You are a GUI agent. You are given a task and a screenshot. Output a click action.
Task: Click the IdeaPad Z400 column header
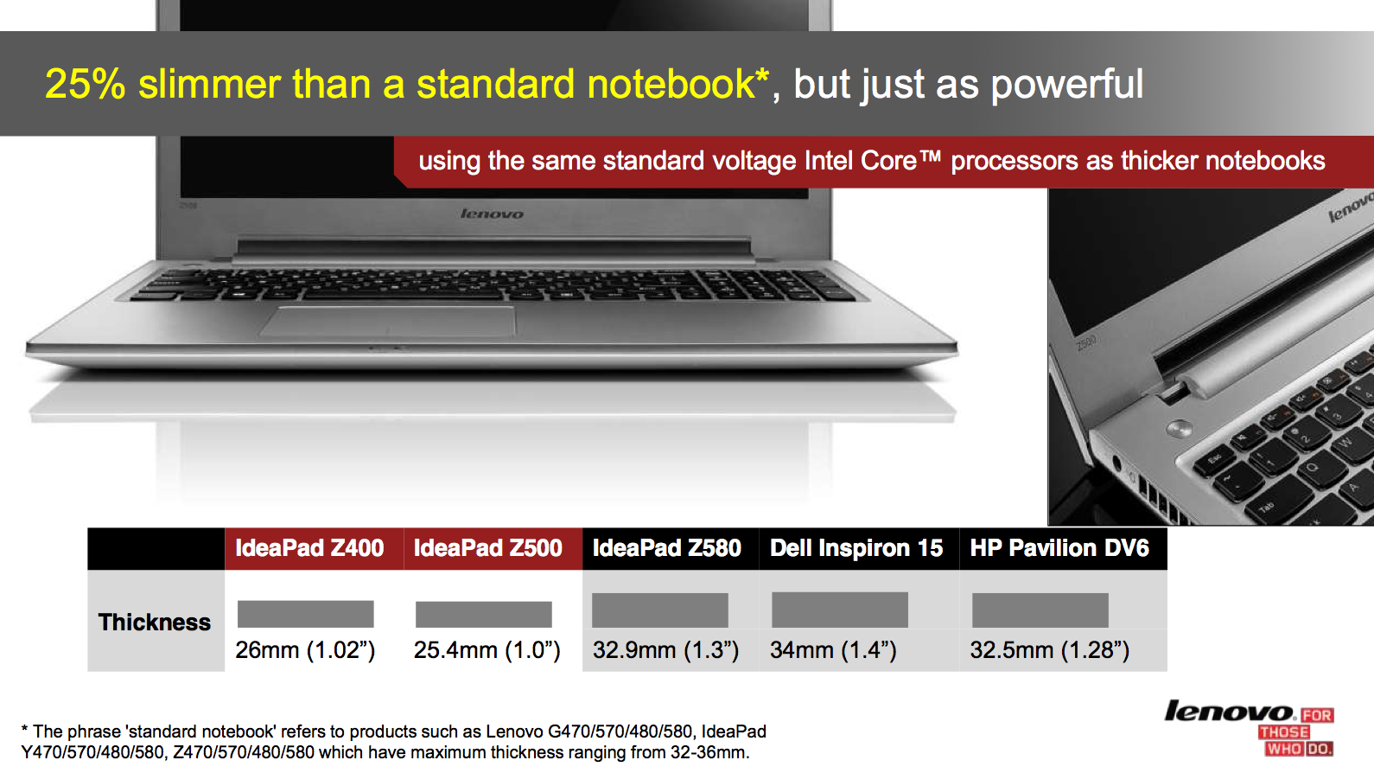point(309,547)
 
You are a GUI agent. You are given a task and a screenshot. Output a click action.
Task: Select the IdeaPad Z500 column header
point(487,547)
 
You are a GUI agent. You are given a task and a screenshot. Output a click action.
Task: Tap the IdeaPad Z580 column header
point(667,547)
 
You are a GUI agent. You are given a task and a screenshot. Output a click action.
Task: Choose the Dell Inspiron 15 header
point(856,547)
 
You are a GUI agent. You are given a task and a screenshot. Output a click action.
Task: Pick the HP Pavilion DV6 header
point(1059,547)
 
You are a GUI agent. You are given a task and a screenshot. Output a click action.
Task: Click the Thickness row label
point(155,622)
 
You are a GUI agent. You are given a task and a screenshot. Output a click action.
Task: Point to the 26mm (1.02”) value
point(305,649)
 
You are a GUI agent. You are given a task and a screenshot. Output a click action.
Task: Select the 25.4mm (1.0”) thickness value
point(487,649)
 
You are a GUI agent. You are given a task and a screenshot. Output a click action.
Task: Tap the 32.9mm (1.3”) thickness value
point(665,649)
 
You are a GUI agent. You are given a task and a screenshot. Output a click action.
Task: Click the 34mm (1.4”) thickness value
point(833,649)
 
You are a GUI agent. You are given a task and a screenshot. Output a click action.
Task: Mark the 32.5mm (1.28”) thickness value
point(1050,649)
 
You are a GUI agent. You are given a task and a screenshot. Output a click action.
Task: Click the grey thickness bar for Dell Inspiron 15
point(840,610)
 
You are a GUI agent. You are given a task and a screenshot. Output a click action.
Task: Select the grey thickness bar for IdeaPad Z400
point(305,614)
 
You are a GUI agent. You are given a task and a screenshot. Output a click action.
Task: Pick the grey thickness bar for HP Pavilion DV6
point(1040,610)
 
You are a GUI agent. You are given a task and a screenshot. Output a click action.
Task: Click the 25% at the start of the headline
point(86,84)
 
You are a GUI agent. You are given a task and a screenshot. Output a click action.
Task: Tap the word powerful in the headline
point(1067,85)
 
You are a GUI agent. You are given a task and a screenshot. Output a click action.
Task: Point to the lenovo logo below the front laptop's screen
point(492,214)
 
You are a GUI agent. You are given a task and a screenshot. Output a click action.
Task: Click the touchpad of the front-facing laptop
point(387,321)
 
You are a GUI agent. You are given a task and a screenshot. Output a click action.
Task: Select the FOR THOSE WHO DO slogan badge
point(1296,732)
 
